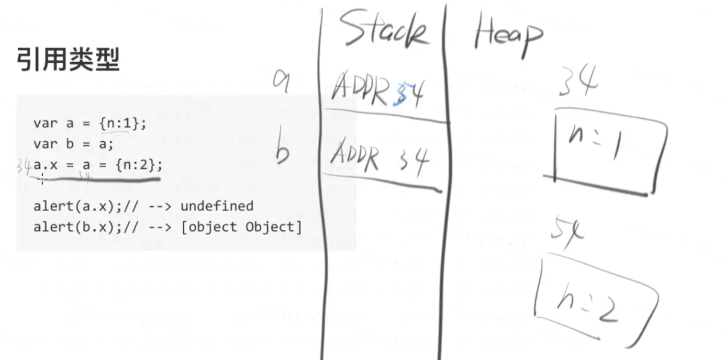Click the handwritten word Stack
click(x=384, y=31)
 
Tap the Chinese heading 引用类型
click(x=68, y=60)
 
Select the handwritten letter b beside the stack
click(x=282, y=153)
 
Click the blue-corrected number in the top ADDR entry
click(x=409, y=93)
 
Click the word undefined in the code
click(x=217, y=206)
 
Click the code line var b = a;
click(x=74, y=144)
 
